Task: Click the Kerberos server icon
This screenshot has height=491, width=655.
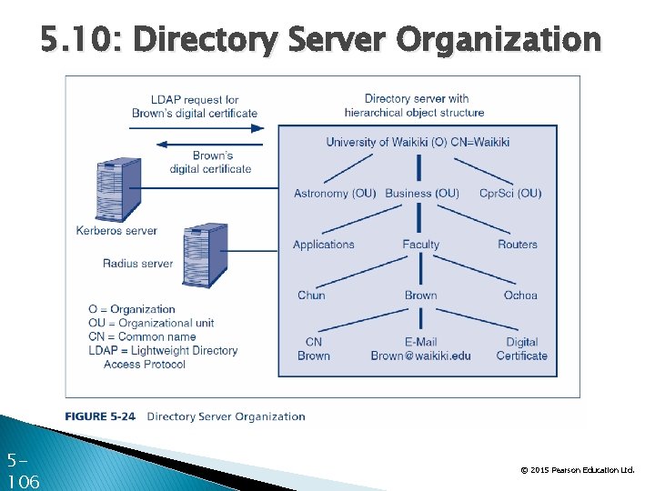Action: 118,189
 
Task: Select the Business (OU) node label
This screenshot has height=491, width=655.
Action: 422,194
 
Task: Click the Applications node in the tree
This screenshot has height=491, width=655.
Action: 324,245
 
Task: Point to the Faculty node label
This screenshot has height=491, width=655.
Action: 420,245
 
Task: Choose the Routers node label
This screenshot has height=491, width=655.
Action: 518,245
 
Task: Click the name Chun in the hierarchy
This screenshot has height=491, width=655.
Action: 311,296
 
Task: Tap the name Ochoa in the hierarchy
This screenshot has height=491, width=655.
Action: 520,296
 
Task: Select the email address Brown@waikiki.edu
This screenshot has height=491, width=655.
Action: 420,356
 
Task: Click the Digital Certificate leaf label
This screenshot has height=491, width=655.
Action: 522,349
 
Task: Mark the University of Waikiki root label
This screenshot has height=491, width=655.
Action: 418,142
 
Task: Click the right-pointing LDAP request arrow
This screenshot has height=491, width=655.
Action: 196,128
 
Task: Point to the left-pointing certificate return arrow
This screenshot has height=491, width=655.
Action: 196,144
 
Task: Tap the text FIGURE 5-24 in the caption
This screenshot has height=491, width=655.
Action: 100,416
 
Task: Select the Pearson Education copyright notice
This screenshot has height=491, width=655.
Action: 577,470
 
